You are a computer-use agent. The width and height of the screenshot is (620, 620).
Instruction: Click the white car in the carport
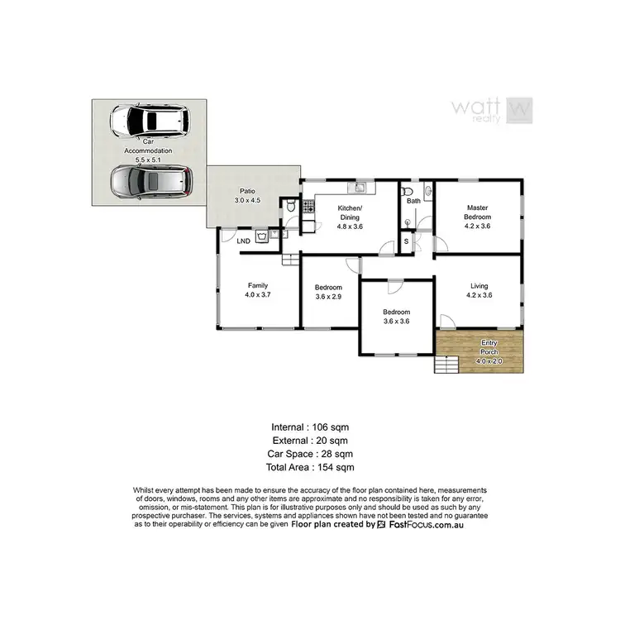pyautogui.click(x=149, y=121)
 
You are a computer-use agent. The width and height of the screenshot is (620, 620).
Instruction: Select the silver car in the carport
pyautogui.click(x=150, y=181)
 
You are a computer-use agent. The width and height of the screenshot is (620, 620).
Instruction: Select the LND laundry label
pyautogui.click(x=243, y=241)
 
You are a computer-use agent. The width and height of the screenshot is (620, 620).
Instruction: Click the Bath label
pyautogui.click(x=413, y=201)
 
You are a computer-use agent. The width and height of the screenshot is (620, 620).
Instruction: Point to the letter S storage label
pyautogui.click(x=407, y=241)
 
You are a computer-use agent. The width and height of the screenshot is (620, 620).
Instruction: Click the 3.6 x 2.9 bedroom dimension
pyautogui.click(x=328, y=297)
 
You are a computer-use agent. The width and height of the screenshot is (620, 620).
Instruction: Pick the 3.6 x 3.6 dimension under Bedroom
pyautogui.click(x=396, y=322)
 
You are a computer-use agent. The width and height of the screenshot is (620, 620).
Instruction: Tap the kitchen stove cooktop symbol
pyautogui.click(x=308, y=207)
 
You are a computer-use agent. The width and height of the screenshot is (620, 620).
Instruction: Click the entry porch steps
pyautogui.click(x=446, y=364)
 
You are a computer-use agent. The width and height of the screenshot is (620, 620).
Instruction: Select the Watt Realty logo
pyautogui.click(x=491, y=109)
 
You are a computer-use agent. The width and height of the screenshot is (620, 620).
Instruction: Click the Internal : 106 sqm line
pyautogui.click(x=310, y=427)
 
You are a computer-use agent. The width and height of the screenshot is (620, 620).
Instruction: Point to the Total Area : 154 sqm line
pyautogui.click(x=310, y=468)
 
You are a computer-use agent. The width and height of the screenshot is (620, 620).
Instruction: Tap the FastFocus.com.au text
pyautogui.click(x=426, y=524)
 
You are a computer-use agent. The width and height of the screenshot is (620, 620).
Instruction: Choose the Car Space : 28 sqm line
pyautogui.click(x=310, y=455)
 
